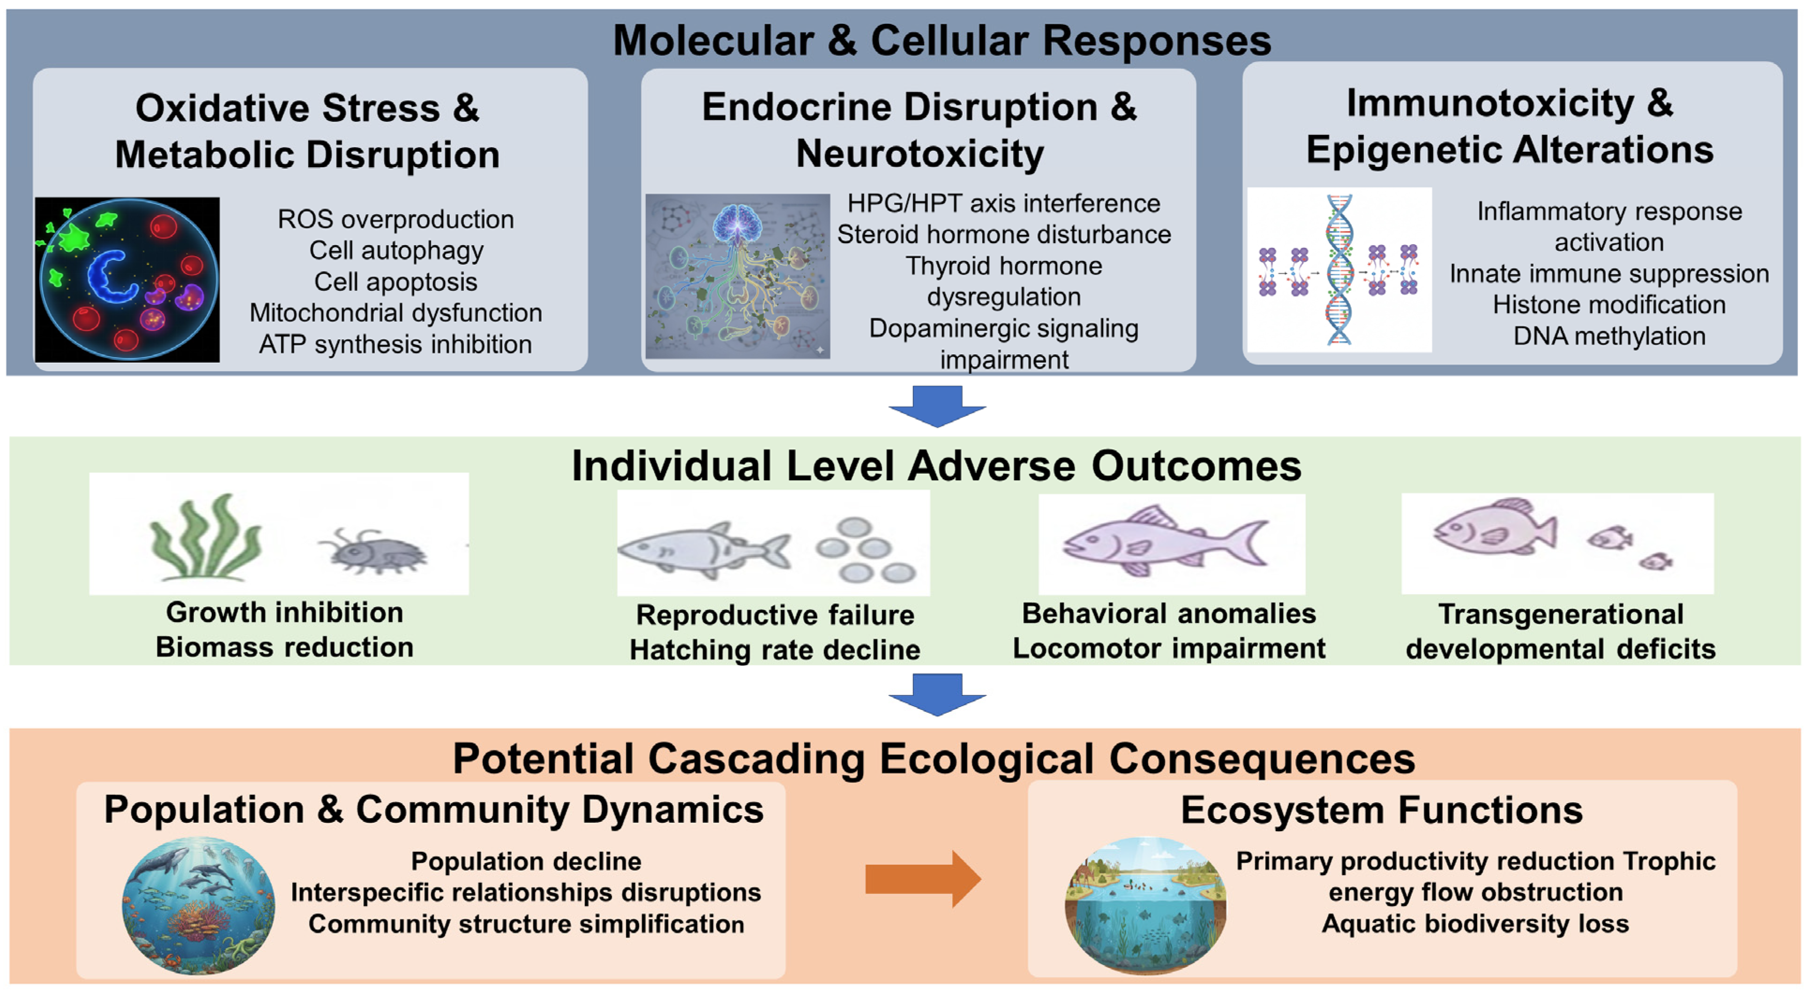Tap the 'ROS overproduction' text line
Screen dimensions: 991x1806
pyautogui.click(x=396, y=219)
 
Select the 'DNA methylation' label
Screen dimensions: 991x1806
pyautogui.click(x=1609, y=336)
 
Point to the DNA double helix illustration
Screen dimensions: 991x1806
pyautogui.click(x=1339, y=270)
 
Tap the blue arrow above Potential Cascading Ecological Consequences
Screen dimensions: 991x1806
pyautogui.click(x=937, y=694)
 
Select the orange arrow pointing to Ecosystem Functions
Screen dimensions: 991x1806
pyautogui.click(x=922, y=879)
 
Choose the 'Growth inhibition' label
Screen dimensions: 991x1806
pyautogui.click(x=285, y=612)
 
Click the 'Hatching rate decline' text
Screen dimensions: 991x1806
pyautogui.click(x=775, y=650)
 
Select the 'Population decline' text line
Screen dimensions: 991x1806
pyautogui.click(x=526, y=861)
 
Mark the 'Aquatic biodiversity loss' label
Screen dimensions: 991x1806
pyautogui.click(x=1475, y=924)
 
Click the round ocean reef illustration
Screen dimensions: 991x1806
pyautogui.click(x=198, y=906)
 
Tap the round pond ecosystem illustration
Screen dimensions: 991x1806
pyautogui.click(x=1146, y=906)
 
